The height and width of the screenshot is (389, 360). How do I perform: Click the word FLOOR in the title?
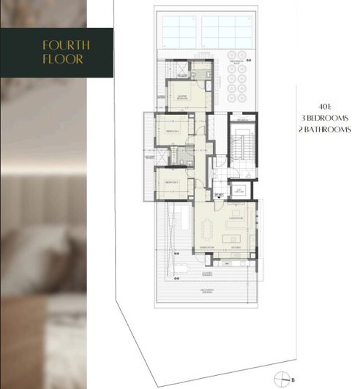click(x=65, y=58)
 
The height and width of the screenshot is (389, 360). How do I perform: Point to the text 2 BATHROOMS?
click(x=326, y=129)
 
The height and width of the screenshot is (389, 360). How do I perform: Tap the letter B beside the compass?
click(x=293, y=379)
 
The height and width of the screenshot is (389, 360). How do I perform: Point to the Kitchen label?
click(x=236, y=249)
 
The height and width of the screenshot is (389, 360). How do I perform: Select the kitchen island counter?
click(x=237, y=238)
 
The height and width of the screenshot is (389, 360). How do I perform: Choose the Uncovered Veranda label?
click(x=206, y=290)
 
